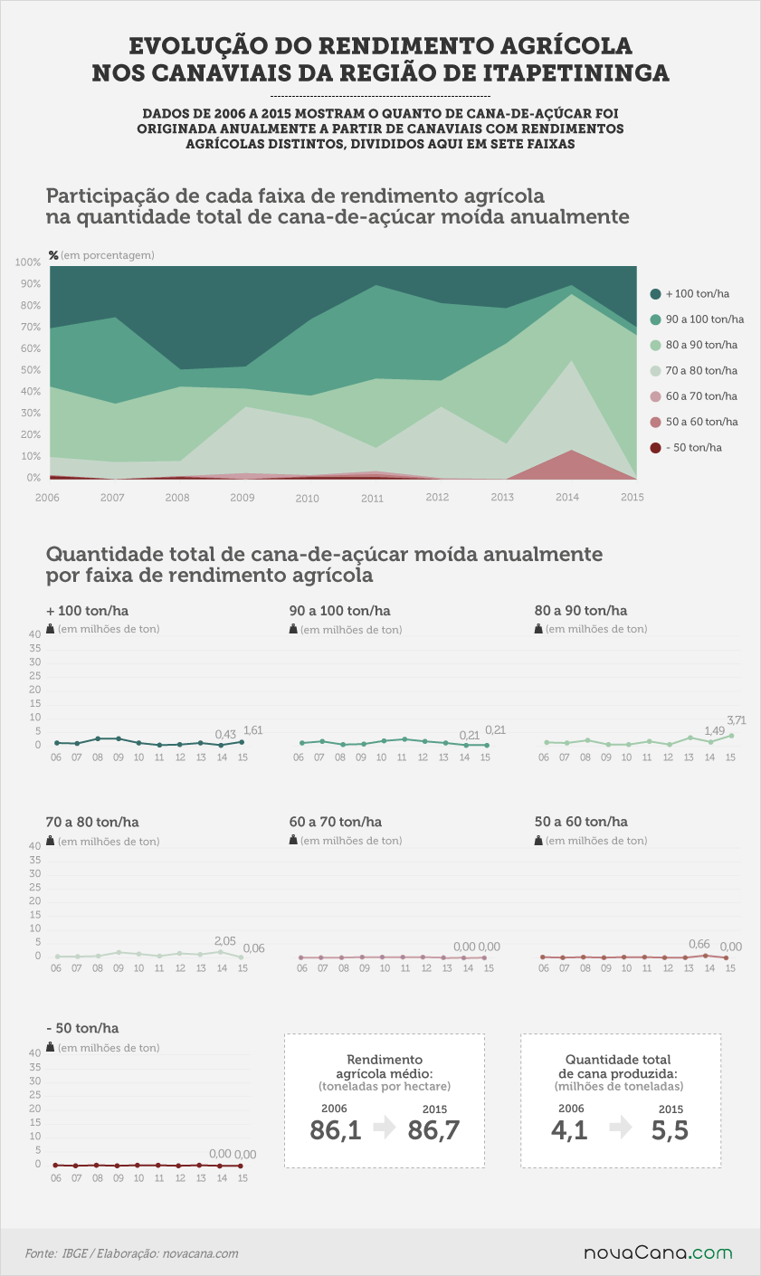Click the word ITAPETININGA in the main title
tap(576, 73)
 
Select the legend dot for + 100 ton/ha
tap(656, 294)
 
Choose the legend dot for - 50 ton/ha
tap(656, 448)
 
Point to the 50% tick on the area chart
tap(31, 370)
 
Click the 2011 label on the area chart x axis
tap(372, 499)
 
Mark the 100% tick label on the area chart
tap(28, 262)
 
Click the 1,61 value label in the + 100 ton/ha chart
tap(252, 730)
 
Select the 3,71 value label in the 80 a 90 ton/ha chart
tap(736, 720)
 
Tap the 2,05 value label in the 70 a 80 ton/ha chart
tap(225, 941)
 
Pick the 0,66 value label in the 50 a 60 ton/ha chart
tap(699, 944)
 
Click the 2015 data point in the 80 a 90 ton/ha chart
tap(731, 736)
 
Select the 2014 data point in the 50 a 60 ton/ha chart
tap(705, 956)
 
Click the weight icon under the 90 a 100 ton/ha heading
tap(293, 629)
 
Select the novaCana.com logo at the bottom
tap(658, 1252)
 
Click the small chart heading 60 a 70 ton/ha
tap(336, 822)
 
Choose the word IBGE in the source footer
tap(74, 1253)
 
